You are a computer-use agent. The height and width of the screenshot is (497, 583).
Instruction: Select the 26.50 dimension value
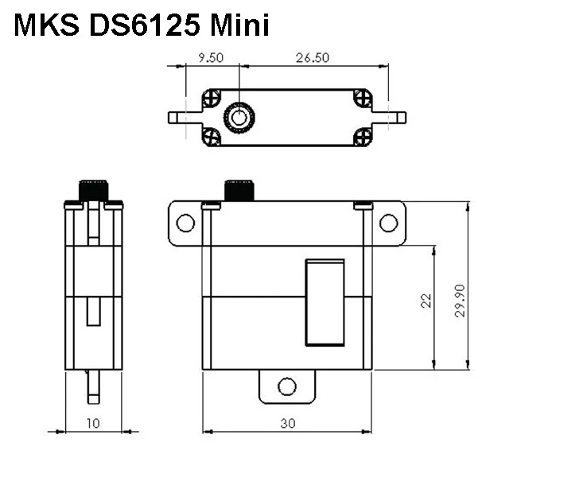[313, 57]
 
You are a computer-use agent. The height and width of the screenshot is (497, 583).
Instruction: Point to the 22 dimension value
[426, 301]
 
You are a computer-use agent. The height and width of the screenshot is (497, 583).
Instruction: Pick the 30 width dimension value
[288, 424]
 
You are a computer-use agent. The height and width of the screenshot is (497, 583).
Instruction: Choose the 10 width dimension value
[93, 424]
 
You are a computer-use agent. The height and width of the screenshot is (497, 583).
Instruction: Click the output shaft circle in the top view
[238, 118]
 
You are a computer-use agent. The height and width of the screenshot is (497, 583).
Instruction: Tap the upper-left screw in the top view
[212, 99]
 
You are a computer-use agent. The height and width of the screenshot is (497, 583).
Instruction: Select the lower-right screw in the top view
[363, 136]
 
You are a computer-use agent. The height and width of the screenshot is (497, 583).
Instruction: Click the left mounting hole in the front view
[185, 223]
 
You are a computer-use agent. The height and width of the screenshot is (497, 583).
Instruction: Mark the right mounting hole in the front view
[388, 223]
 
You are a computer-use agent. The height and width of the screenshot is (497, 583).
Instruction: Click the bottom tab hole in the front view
[287, 387]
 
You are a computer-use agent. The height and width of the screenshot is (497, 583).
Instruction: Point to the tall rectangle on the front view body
[325, 303]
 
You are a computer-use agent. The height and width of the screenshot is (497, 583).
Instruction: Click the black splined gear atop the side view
[93, 191]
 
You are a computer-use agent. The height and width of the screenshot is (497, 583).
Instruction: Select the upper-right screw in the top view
[363, 99]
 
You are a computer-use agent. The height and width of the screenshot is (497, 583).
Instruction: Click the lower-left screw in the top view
[212, 136]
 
